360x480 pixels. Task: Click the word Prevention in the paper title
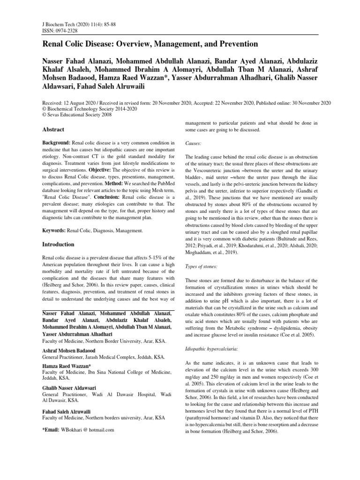click(x=235, y=44)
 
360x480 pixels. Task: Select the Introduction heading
click(x=58, y=244)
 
